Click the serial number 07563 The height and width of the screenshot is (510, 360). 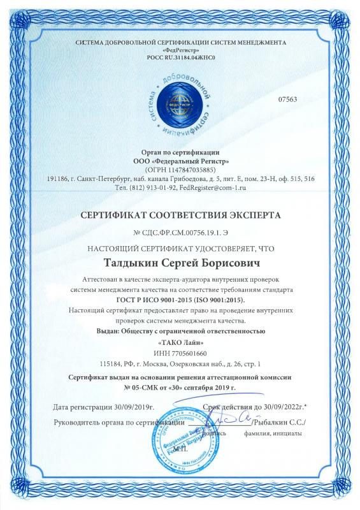point(287,99)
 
